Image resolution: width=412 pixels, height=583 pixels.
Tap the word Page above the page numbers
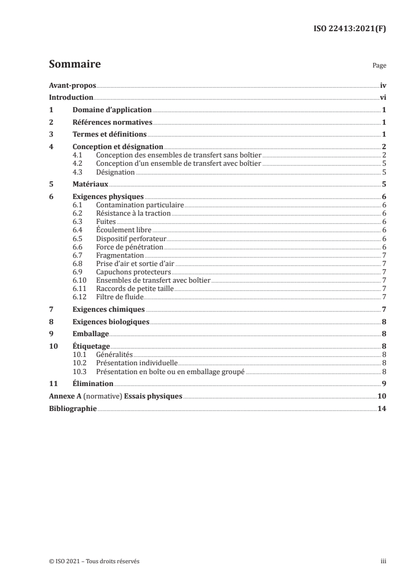click(379, 66)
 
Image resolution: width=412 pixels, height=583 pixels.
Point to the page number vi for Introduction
click(382, 98)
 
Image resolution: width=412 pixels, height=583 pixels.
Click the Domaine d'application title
click(112, 110)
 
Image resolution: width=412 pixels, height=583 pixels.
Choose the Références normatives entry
click(112, 123)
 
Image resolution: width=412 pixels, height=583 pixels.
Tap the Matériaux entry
click(90, 184)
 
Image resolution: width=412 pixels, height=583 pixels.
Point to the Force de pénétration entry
click(130, 247)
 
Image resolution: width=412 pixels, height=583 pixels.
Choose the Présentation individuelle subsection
click(137, 363)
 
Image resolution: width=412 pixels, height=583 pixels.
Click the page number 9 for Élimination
click(383, 383)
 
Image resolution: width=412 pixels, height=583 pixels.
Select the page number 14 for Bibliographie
click(381, 408)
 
